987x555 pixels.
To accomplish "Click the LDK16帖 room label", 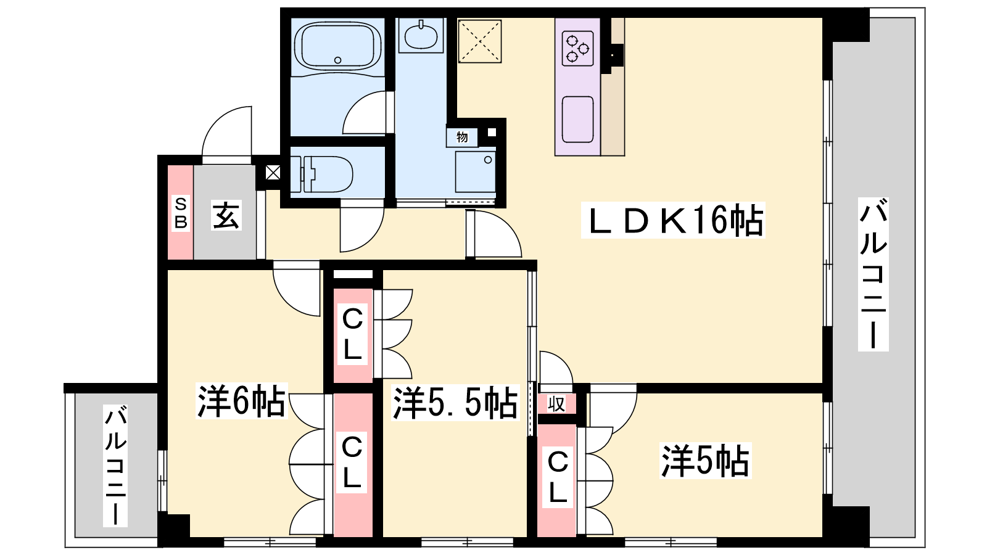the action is click(673, 220).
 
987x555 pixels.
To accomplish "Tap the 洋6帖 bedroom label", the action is click(241, 401).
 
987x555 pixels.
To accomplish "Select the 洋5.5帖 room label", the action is click(455, 403).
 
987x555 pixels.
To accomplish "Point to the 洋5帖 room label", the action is click(706, 461).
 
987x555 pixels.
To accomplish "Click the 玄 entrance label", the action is click(226, 215).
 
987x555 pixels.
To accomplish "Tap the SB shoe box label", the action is click(181, 213).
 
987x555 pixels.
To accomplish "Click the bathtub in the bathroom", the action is click(337, 46).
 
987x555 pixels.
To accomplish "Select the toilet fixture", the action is click(321, 174).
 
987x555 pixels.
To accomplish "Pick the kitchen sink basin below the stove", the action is click(577, 120).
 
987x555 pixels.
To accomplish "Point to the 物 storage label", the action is click(462, 137).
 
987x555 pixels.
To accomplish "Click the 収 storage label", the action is click(556, 404).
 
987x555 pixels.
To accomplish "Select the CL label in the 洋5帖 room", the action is click(558, 477).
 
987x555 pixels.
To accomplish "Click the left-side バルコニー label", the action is click(115, 466).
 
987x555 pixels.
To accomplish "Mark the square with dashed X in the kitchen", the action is click(480, 41).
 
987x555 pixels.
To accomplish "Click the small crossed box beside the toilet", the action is click(273, 172).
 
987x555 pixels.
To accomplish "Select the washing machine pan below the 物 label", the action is click(476, 172).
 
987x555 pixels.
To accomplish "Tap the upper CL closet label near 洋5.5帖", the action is click(352, 334).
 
